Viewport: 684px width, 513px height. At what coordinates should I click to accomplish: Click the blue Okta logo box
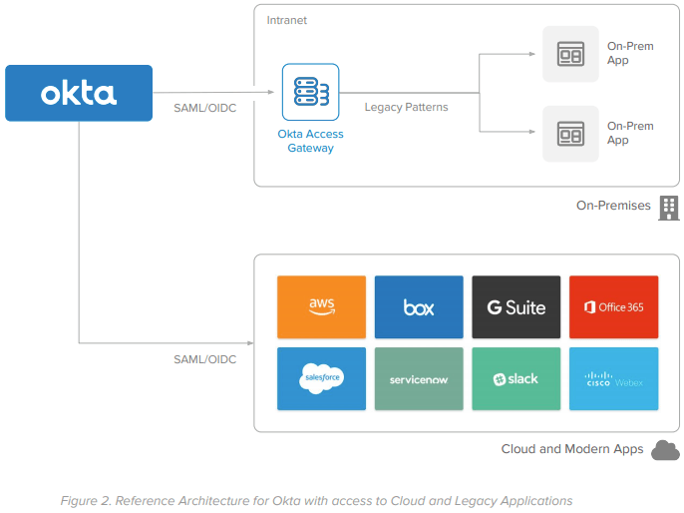pos(79,93)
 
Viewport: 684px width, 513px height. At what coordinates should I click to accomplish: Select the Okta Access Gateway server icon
pos(310,93)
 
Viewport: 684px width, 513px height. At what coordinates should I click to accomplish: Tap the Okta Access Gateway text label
pos(310,141)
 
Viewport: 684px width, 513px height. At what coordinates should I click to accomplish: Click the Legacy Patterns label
pos(406,107)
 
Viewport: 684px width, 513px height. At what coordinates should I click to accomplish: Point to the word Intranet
pos(288,20)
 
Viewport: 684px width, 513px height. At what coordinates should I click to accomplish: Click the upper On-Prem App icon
pos(570,54)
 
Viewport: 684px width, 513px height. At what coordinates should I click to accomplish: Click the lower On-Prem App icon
pos(570,133)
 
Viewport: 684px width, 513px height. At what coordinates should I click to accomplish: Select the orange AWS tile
pos(321,306)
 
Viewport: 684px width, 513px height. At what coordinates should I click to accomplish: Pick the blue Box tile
pos(419,306)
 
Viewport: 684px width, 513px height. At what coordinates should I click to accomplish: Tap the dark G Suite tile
pos(516,306)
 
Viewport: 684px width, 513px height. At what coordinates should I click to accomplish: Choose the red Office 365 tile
pos(613,306)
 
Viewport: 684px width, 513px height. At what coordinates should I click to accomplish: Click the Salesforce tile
pos(321,378)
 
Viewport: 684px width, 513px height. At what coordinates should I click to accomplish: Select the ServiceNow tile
pos(419,378)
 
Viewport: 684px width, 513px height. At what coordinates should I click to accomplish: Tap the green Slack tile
pos(516,378)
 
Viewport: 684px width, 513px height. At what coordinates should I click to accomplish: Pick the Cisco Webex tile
pos(613,378)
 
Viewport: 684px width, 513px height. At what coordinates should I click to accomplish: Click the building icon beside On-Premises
pos(669,207)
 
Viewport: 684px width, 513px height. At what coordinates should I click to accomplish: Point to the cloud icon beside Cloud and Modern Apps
pos(665,450)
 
